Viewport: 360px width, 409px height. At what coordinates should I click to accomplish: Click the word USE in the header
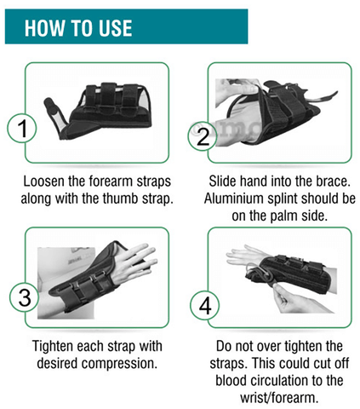[115, 28]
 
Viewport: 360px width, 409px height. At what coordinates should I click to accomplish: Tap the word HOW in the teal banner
[44, 28]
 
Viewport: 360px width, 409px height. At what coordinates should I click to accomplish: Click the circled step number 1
[22, 128]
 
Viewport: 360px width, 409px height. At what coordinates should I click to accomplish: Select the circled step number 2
[203, 136]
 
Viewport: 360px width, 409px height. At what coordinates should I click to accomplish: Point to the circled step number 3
[25, 297]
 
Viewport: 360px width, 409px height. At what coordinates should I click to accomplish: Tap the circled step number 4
[205, 305]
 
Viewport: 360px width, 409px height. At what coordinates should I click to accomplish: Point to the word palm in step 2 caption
[284, 216]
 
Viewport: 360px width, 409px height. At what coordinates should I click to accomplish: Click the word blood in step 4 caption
[231, 381]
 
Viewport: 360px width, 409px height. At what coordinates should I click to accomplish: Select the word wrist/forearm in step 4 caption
[279, 398]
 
